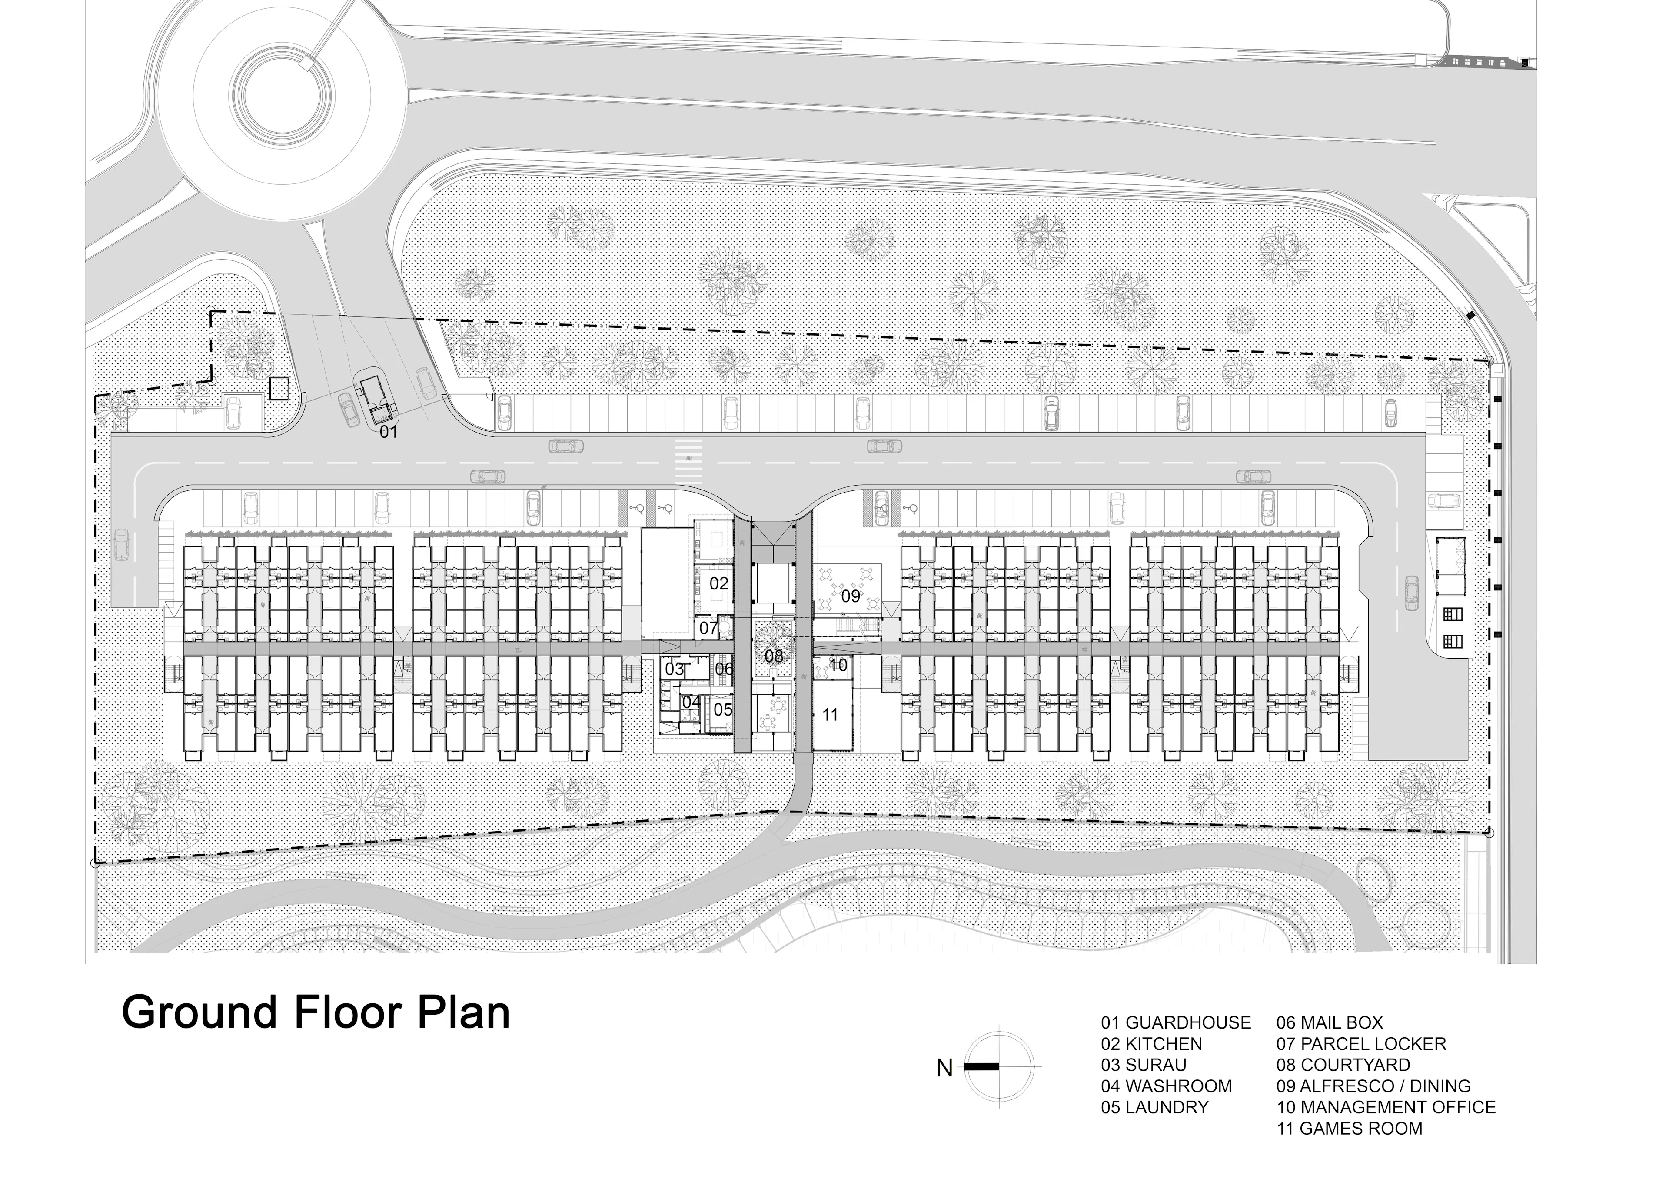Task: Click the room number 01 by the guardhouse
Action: click(x=389, y=433)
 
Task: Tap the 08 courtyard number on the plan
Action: click(x=774, y=656)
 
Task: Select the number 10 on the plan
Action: click(x=838, y=664)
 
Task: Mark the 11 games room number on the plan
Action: click(x=830, y=715)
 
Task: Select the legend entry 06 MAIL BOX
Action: click(x=1330, y=1023)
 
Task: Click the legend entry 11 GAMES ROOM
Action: click(x=1349, y=1129)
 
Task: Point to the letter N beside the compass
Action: click(x=944, y=1069)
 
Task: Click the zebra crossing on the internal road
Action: click(x=688, y=462)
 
